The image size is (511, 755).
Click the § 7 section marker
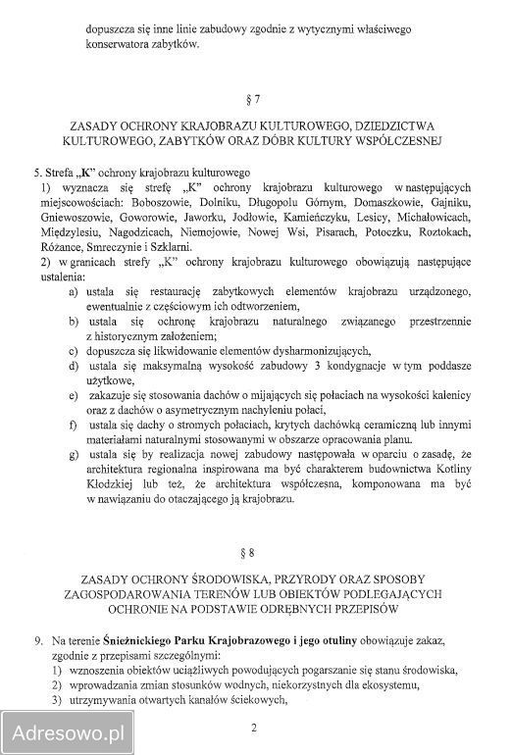(256, 98)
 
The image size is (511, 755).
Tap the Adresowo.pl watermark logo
(68, 730)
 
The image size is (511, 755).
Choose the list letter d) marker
(74, 366)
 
